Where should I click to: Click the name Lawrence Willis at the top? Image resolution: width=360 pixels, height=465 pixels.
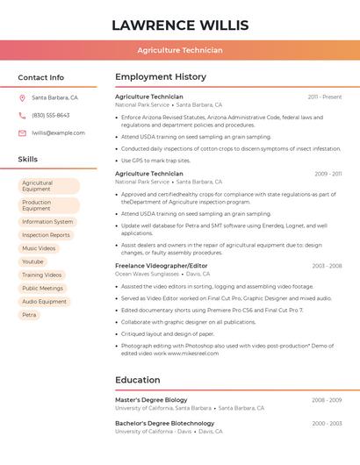[180, 25]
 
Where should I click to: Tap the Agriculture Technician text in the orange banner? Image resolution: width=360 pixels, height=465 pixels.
[180, 51]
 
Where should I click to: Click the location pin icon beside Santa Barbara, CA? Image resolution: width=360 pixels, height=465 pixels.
[22, 97]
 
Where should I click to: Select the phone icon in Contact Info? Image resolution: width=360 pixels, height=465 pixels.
[22, 115]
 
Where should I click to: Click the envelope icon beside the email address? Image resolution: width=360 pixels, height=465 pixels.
[22, 132]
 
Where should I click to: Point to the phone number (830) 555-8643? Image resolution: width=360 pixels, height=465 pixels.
[51, 115]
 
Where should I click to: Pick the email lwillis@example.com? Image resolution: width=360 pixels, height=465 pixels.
[58, 132]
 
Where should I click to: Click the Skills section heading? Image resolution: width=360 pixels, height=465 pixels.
[28, 159]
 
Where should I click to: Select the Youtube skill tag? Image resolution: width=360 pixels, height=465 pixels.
[32, 261]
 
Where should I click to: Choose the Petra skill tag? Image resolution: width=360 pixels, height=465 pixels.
[29, 315]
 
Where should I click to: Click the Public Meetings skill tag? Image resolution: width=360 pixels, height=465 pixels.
[42, 288]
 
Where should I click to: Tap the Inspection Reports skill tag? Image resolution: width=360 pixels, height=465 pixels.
[46, 235]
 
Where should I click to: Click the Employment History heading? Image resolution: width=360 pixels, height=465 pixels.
[161, 76]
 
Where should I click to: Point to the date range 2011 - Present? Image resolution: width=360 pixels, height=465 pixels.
[325, 97]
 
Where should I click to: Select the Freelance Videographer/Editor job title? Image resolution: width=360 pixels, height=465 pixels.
[162, 265]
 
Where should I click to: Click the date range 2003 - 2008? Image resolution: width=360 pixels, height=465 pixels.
[327, 265]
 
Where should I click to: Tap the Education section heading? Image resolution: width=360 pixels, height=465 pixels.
[138, 380]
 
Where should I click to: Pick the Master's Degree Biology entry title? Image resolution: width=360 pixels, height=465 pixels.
[151, 400]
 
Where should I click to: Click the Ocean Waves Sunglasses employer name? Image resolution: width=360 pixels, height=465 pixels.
[148, 274]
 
